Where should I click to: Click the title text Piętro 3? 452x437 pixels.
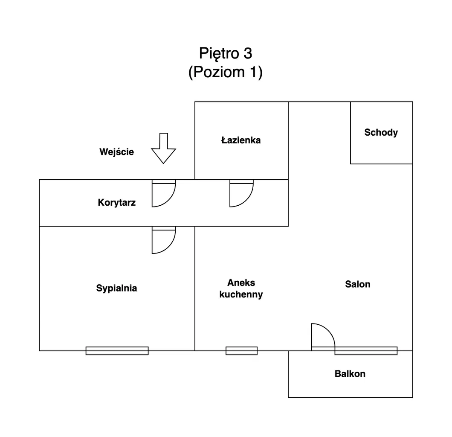pyautogui.click(x=226, y=53)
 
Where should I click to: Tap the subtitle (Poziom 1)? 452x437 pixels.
pyautogui.click(x=226, y=72)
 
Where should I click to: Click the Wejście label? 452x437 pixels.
pyautogui.click(x=116, y=152)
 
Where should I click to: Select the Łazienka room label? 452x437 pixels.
pyautogui.click(x=241, y=140)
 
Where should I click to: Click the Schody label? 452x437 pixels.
pyautogui.click(x=381, y=132)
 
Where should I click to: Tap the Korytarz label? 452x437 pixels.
pyautogui.click(x=116, y=202)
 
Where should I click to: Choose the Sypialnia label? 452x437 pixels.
pyautogui.click(x=116, y=288)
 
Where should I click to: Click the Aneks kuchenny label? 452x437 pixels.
pyautogui.click(x=241, y=288)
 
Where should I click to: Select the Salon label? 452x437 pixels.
pyautogui.click(x=357, y=284)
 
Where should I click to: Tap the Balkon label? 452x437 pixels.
pyautogui.click(x=350, y=374)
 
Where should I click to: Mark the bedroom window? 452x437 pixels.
pyautogui.click(x=117, y=351)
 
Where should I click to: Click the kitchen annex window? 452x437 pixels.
pyautogui.click(x=241, y=351)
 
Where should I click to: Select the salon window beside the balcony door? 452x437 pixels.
pyautogui.click(x=365, y=351)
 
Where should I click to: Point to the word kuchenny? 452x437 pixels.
pyautogui.click(x=241, y=294)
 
